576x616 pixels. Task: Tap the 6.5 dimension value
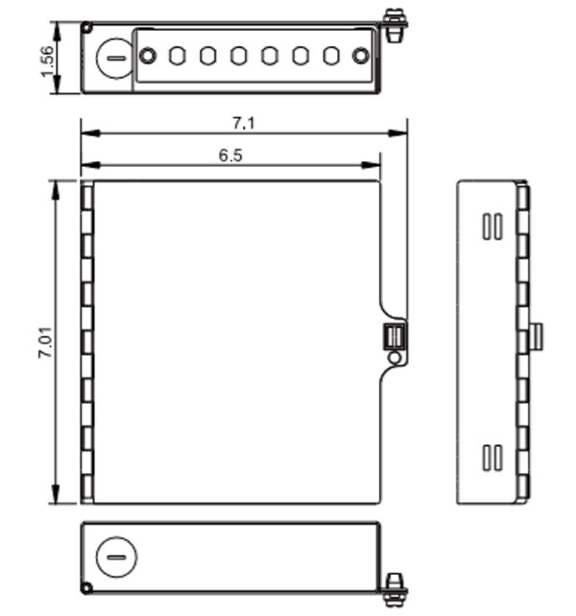(x=230, y=154)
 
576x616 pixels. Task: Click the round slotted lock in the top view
(x=114, y=57)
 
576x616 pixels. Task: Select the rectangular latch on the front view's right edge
(x=394, y=337)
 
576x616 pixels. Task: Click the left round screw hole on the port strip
(x=148, y=57)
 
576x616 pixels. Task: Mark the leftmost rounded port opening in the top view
(x=177, y=57)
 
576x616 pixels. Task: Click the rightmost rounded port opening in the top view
(x=330, y=57)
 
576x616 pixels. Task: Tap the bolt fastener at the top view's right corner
(x=393, y=23)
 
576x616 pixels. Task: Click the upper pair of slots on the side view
(x=492, y=225)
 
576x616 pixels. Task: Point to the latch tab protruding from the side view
(x=537, y=337)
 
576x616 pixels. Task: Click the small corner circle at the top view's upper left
(x=87, y=28)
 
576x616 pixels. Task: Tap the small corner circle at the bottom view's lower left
(x=87, y=587)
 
